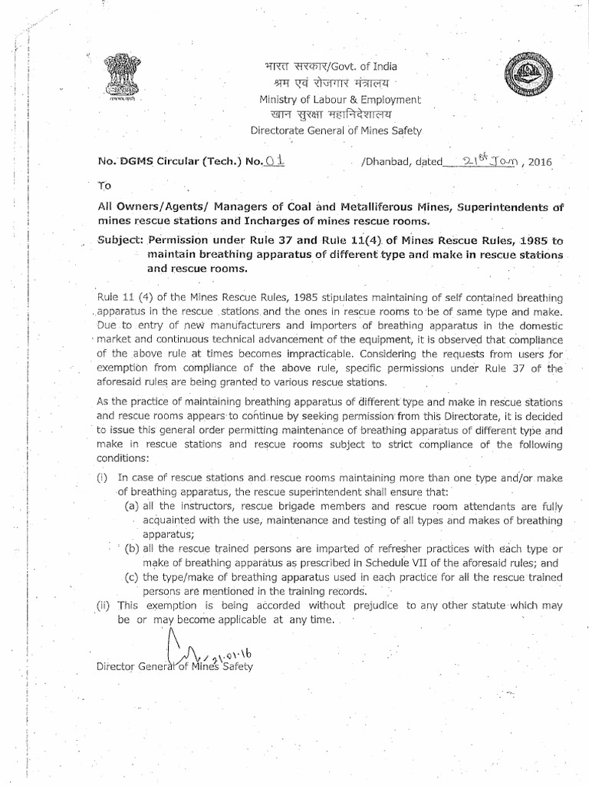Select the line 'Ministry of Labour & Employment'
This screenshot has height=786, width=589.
339,99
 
